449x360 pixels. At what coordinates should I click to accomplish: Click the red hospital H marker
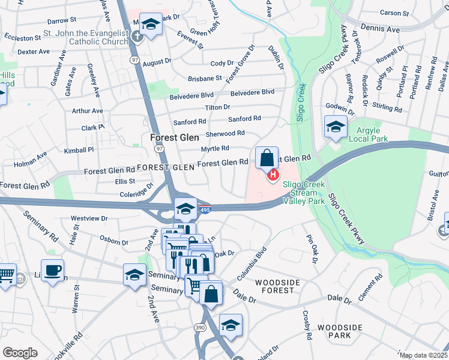(x=273, y=175)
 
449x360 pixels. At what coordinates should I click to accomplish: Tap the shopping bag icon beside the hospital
(x=267, y=159)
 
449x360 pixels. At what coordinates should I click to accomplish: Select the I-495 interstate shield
(x=205, y=209)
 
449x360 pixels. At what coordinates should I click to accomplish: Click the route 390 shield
(x=200, y=327)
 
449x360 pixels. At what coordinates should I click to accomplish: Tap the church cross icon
(x=137, y=35)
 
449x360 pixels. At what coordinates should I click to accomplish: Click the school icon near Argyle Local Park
(x=335, y=127)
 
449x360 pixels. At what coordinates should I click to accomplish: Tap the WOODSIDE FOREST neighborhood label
(x=275, y=286)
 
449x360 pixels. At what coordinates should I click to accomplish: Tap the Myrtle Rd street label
(x=214, y=148)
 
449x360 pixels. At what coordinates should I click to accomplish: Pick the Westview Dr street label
(x=89, y=218)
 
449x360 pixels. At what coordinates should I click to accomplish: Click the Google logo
(x=20, y=353)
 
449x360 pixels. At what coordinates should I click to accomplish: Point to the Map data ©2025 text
(x=424, y=355)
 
